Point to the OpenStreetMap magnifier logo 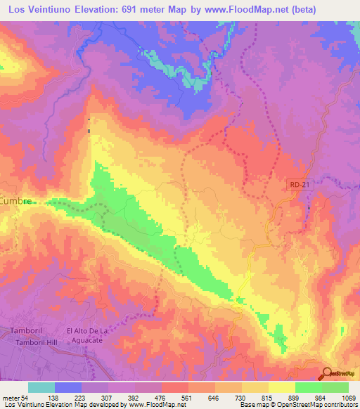pos(328,373)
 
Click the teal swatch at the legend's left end pos(41,387)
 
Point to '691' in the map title pos(141,10)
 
